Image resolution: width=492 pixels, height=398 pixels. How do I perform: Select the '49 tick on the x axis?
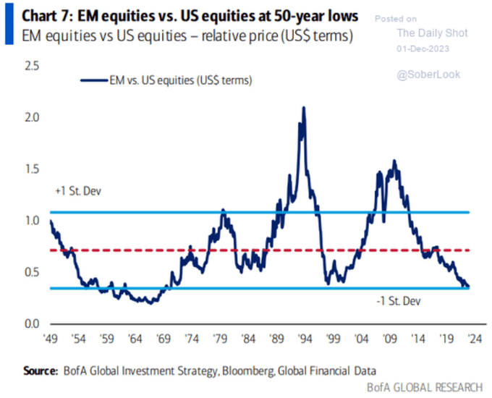[x=51, y=338]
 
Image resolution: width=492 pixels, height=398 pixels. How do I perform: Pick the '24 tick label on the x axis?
[x=470, y=338]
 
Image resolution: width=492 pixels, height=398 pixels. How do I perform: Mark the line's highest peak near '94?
[x=303, y=107]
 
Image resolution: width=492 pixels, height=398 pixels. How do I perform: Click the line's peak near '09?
[x=394, y=161]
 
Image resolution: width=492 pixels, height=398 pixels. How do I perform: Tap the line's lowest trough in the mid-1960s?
[x=150, y=303]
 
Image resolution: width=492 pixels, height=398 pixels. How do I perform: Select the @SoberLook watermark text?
[x=429, y=74]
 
